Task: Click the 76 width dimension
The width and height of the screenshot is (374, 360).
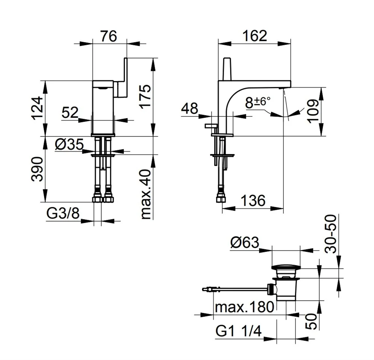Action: point(109,36)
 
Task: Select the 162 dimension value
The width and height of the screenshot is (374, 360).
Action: point(255,36)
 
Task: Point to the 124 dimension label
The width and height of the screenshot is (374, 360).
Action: point(38,108)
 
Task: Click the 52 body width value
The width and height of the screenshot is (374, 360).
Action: point(70,112)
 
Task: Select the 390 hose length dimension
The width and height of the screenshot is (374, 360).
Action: point(37,169)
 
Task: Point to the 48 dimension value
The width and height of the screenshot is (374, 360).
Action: point(190,109)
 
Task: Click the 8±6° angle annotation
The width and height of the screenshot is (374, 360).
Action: point(258,102)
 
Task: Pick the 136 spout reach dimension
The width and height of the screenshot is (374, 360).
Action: point(252,201)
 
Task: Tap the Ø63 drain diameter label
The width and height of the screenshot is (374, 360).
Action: point(245,243)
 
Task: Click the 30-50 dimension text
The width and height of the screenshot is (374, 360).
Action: point(331,234)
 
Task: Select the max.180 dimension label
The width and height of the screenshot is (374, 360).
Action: point(244,307)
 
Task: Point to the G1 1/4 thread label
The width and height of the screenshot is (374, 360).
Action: point(238,331)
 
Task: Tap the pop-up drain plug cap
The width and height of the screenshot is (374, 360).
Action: point(285,268)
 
